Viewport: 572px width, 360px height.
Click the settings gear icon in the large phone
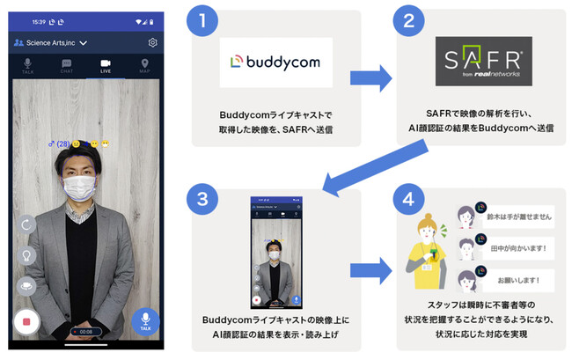pos(153,42)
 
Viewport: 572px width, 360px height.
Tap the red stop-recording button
pos(27,322)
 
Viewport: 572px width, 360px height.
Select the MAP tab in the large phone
pos(143,66)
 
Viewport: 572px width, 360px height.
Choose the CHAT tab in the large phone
pos(66,66)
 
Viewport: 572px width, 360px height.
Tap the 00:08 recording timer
pos(85,331)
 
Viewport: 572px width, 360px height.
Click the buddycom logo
pos(276,62)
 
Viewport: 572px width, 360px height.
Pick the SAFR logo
pos(483,61)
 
